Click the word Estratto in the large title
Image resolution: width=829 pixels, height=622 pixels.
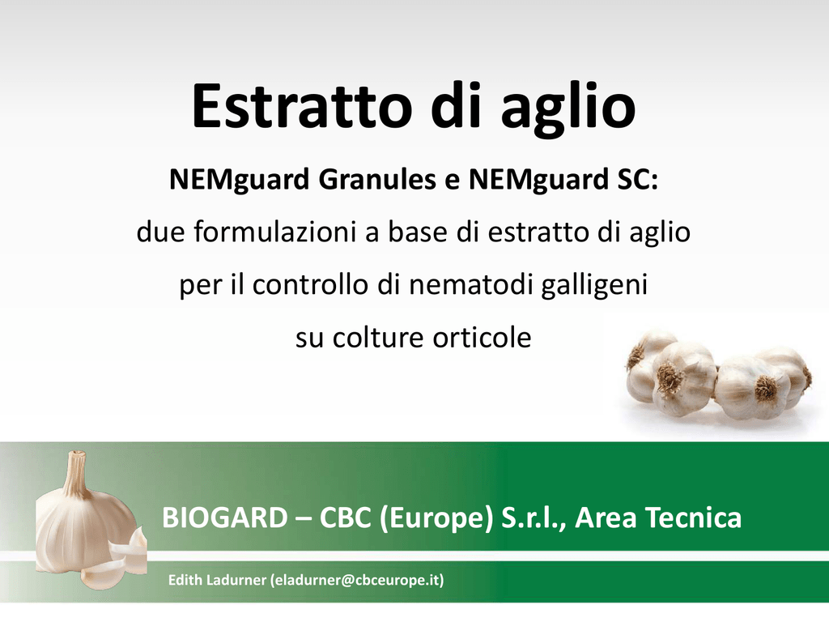point(302,106)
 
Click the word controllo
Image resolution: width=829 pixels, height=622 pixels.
point(310,284)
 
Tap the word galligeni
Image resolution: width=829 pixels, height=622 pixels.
point(595,286)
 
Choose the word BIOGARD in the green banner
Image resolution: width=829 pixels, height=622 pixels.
point(225,518)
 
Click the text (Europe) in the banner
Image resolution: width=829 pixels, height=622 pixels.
point(436,518)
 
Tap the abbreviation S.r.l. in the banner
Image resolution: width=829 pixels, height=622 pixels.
point(534,518)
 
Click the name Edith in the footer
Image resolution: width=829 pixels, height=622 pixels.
point(185,580)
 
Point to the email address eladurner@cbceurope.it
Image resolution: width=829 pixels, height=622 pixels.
point(357,580)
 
